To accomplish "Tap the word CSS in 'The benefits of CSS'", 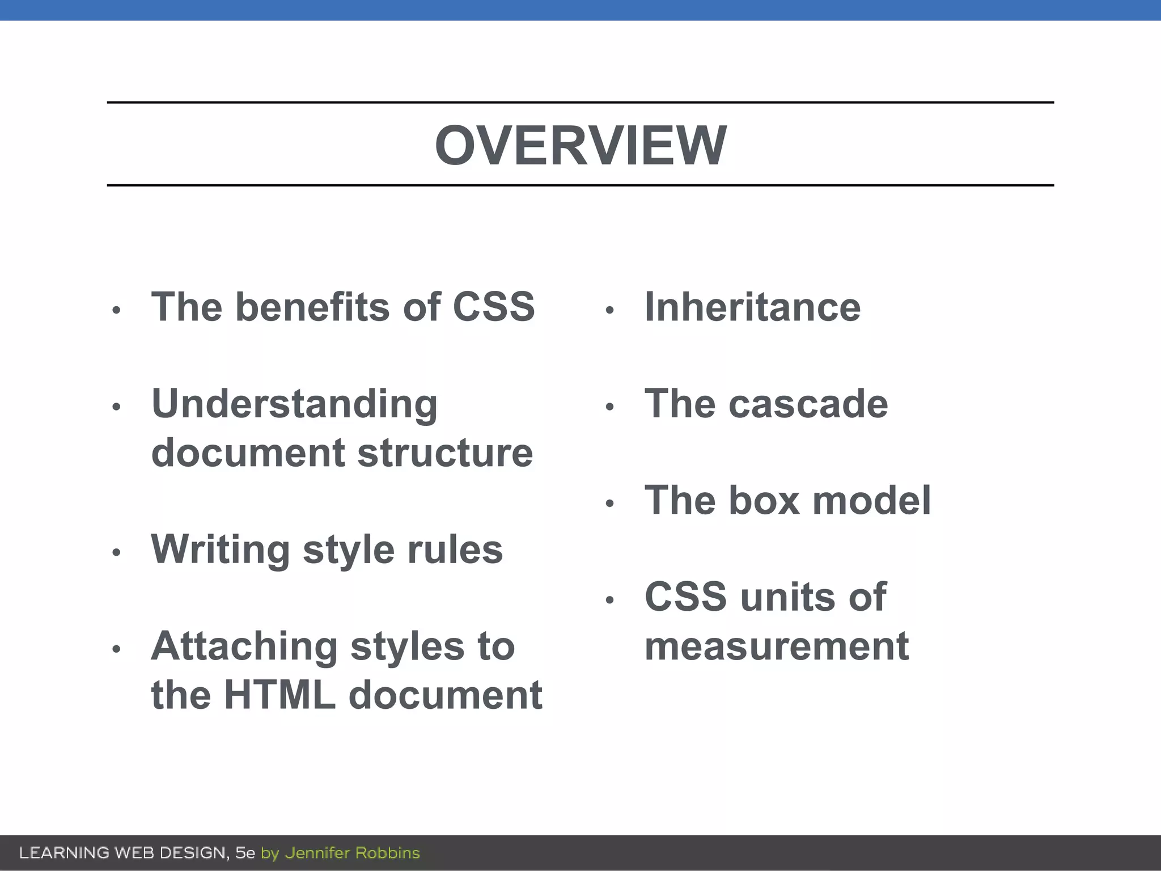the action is tap(494, 307).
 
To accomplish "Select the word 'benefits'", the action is tap(313, 307).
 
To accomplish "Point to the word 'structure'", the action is tap(445, 453).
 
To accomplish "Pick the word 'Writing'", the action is tap(221, 550).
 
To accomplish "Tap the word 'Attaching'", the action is tap(244, 646).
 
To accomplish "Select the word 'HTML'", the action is tap(280, 695).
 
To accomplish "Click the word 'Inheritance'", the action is tap(752, 307).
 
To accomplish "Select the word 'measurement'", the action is tap(777, 646).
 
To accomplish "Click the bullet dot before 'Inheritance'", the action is tap(610, 310).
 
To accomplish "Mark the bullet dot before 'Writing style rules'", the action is tap(116, 552).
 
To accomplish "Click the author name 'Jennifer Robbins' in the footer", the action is tap(352, 853).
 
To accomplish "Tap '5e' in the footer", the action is tap(245, 853).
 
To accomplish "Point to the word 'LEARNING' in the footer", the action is tap(64, 853).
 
